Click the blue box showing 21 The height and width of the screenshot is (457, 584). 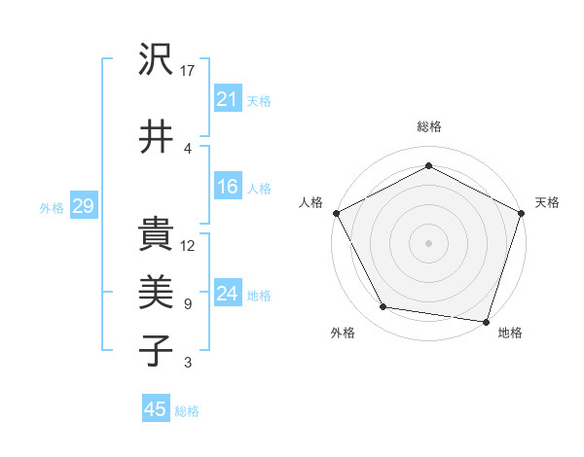pyautogui.click(x=227, y=99)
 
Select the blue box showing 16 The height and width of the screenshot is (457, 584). pyautogui.click(x=227, y=187)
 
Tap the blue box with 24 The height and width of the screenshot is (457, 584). pyautogui.click(x=227, y=294)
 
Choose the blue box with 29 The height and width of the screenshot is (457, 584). pyautogui.click(x=82, y=206)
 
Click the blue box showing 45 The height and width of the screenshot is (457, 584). pyautogui.click(x=156, y=409)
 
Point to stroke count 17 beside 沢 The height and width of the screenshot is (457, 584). pyautogui.click(x=189, y=70)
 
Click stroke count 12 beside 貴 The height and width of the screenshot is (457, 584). pyautogui.click(x=189, y=245)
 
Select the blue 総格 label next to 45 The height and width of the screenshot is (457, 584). pyautogui.click(x=187, y=411)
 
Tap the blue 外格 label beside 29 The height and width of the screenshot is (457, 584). pyautogui.click(x=52, y=207)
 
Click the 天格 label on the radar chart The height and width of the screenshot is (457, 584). pyautogui.click(x=547, y=202)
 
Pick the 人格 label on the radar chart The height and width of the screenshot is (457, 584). pyautogui.click(x=311, y=202)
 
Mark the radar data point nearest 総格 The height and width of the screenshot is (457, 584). pyautogui.click(x=428, y=164)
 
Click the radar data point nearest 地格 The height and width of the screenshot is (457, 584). pyautogui.click(x=486, y=321)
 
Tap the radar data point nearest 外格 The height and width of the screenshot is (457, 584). pyautogui.click(x=383, y=307)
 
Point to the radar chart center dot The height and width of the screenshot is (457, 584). pyautogui.click(x=428, y=242)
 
